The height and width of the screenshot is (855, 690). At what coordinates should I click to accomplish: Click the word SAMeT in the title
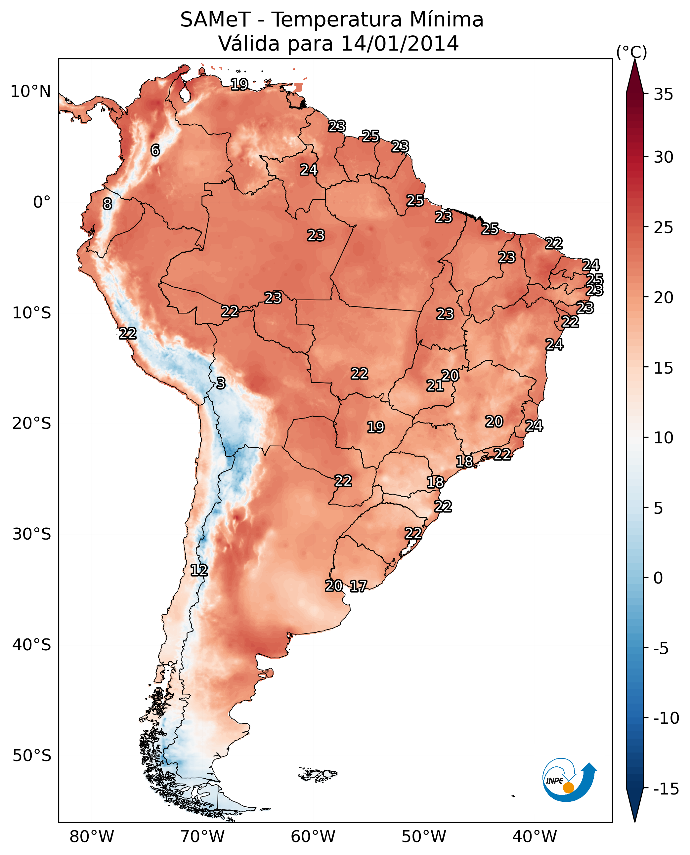(x=215, y=20)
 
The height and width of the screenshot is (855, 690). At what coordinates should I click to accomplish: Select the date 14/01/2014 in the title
(x=400, y=44)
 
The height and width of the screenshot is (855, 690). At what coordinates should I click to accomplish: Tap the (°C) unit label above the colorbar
(x=631, y=52)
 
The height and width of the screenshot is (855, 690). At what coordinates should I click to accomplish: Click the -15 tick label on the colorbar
(x=666, y=789)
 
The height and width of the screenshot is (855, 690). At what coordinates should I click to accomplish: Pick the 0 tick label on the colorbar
(x=658, y=578)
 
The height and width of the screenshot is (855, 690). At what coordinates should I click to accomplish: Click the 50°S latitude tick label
(x=31, y=755)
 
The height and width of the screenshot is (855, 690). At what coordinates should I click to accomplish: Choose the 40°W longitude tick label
(x=535, y=836)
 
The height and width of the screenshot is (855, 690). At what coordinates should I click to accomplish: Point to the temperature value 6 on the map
(x=155, y=150)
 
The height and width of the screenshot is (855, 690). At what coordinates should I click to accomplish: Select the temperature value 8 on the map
(x=107, y=204)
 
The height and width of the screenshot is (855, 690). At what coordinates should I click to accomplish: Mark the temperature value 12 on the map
(x=199, y=571)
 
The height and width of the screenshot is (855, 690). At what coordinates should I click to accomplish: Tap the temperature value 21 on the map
(x=435, y=386)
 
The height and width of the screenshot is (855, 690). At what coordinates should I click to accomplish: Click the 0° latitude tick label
(x=42, y=202)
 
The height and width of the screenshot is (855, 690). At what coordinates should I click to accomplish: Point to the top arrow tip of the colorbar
(x=635, y=61)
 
